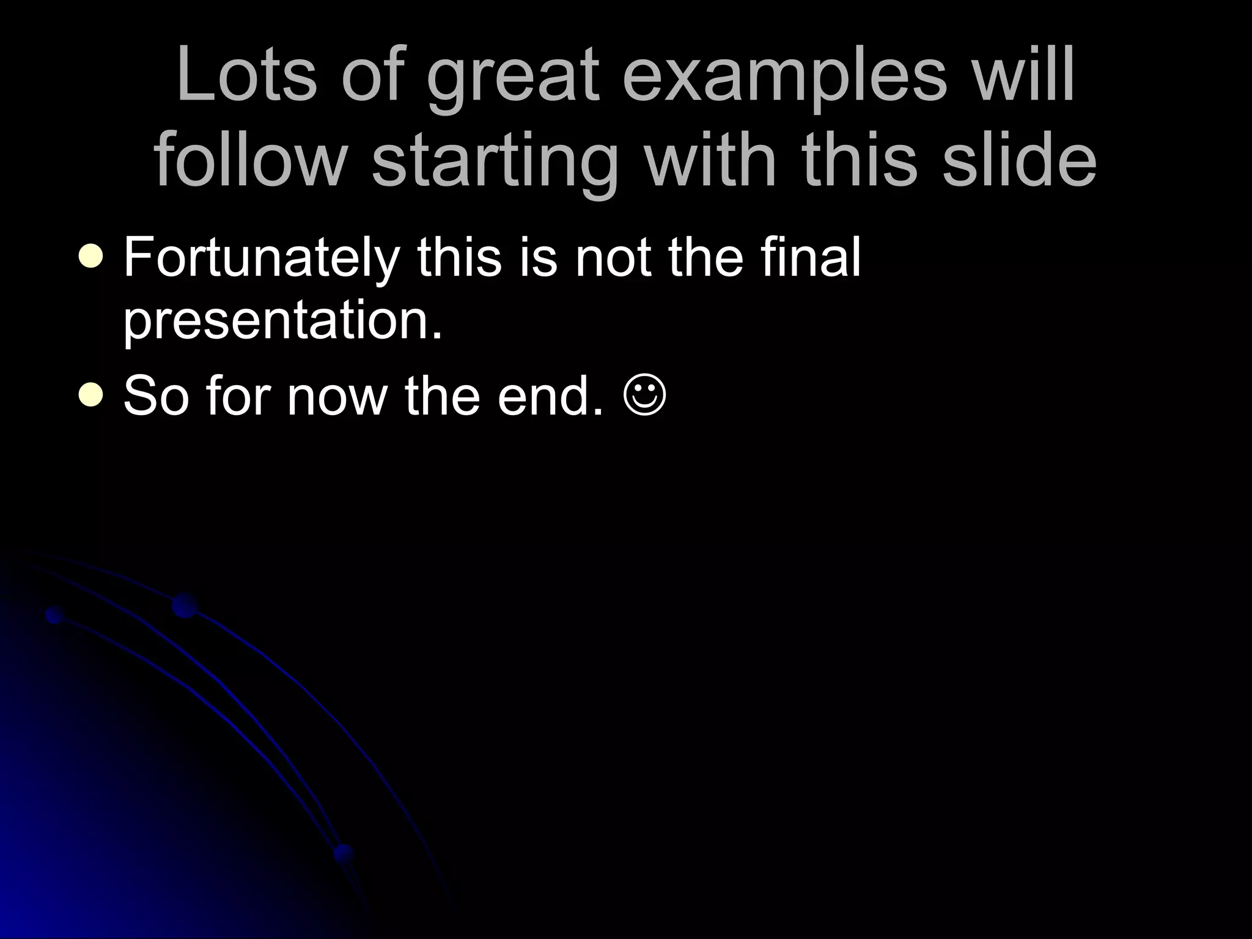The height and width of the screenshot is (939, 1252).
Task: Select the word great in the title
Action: [512, 79]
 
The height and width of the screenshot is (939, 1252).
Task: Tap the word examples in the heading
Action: [784, 79]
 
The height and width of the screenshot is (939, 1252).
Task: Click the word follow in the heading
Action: [250, 160]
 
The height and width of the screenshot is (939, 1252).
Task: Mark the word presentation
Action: [282, 322]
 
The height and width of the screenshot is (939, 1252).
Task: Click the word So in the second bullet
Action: [156, 396]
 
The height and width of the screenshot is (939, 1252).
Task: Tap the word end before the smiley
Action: [550, 396]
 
